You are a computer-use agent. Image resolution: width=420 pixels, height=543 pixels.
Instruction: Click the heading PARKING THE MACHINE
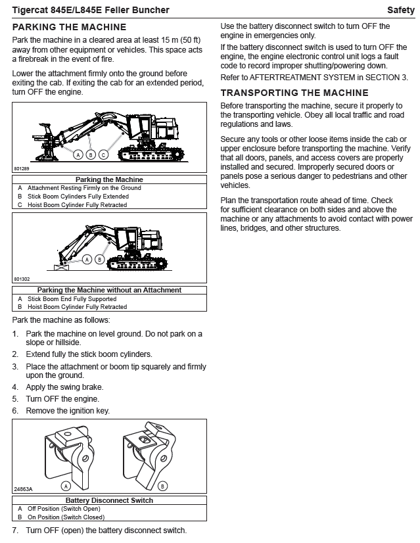point(69,27)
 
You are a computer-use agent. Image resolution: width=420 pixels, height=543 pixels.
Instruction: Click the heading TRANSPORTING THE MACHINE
point(294,93)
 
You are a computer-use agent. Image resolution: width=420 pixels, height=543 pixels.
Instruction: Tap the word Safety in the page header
point(400,10)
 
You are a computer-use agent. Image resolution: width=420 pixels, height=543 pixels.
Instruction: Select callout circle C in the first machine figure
point(103,154)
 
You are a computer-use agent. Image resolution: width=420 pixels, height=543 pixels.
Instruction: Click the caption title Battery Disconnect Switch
point(109,500)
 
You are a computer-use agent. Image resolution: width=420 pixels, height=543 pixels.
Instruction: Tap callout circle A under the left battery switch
point(65,486)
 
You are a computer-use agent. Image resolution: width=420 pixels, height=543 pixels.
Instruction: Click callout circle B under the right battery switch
point(163,486)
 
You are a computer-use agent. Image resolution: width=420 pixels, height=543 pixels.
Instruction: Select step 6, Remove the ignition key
point(67,411)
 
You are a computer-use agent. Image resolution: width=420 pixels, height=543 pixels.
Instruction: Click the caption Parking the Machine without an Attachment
point(109,290)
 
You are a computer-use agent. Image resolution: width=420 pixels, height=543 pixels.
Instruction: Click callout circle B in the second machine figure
point(99,260)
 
